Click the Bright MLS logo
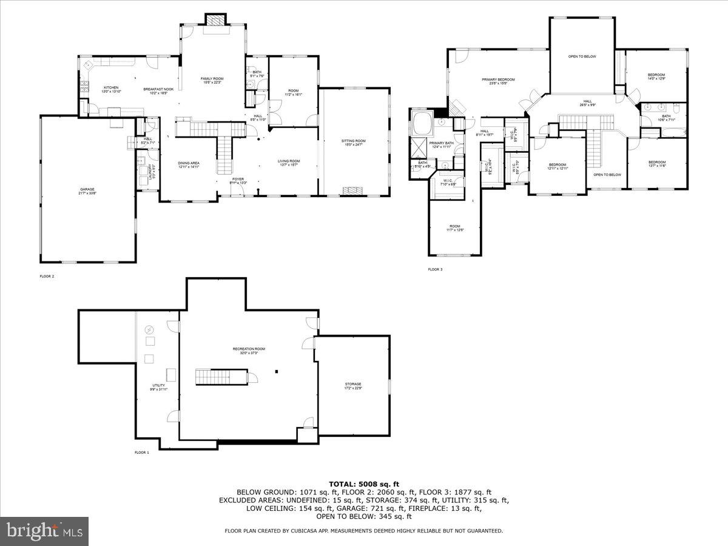point(44,531)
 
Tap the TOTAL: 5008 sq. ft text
point(364,484)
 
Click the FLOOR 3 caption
point(435,269)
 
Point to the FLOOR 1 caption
point(141,453)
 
